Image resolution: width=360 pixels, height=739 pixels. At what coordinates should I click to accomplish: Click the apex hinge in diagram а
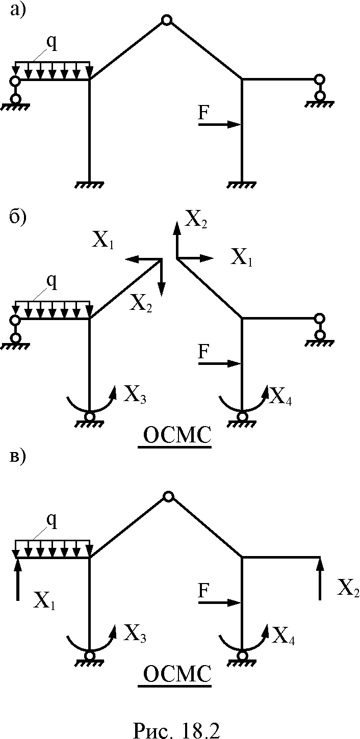point(167,20)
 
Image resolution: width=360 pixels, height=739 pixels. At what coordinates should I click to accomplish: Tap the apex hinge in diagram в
point(168,496)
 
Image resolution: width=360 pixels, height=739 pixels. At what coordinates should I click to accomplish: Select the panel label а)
point(18,10)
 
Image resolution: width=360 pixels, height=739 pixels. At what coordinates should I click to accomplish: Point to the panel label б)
point(18,217)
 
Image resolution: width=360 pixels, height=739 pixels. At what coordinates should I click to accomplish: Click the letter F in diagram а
point(203,113)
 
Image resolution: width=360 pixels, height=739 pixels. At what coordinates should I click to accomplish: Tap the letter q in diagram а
point(52,43)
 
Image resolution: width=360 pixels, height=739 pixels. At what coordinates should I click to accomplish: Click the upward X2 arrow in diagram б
point(177,241)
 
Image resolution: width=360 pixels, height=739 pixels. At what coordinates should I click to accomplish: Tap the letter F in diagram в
point(203,590)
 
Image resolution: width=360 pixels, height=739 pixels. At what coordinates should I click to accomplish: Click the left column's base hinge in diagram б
point(89,417)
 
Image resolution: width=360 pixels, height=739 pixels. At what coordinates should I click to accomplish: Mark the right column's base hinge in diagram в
point(242,655)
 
